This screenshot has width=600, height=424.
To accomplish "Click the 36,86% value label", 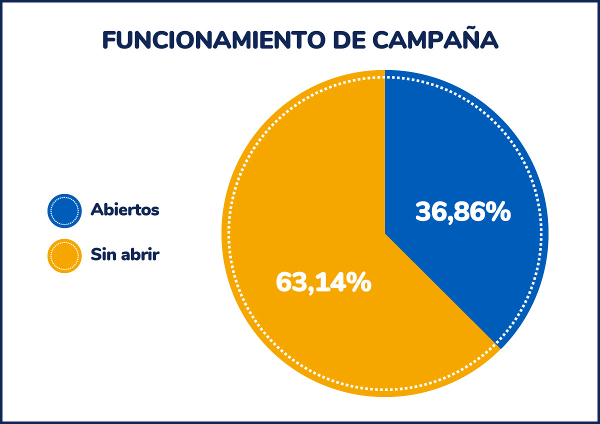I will [463, 212].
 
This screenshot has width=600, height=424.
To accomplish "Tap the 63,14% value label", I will [323, 282].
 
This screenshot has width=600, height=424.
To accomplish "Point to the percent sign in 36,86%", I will [498, 212].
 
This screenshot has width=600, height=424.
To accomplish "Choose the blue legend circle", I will [64, 210].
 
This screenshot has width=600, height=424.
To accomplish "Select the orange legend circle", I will [64, 255].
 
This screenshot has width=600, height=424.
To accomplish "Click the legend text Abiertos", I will [125, 209].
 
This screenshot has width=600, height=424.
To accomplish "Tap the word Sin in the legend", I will [101, 254].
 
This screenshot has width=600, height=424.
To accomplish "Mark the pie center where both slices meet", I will [385, 233].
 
